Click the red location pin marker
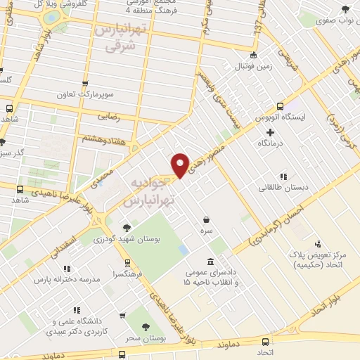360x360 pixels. point(181,166)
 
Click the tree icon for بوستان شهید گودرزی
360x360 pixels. point(127,227)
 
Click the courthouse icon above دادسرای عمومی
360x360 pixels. point(211,262)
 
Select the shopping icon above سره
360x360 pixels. point(205,219)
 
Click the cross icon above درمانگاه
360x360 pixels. point(270,131)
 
